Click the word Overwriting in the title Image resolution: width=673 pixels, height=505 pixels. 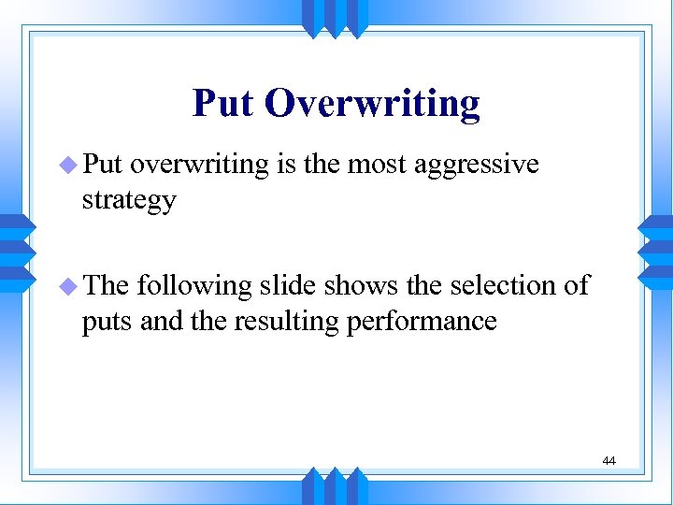click(372, 104)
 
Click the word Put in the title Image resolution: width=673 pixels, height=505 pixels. click(223, 104)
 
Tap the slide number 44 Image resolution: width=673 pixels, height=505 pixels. click(609, 461)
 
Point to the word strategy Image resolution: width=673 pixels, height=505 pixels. click(129, 201)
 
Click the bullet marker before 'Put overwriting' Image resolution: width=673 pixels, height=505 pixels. click(71, 166)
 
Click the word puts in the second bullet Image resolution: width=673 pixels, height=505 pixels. click(104, 321)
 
